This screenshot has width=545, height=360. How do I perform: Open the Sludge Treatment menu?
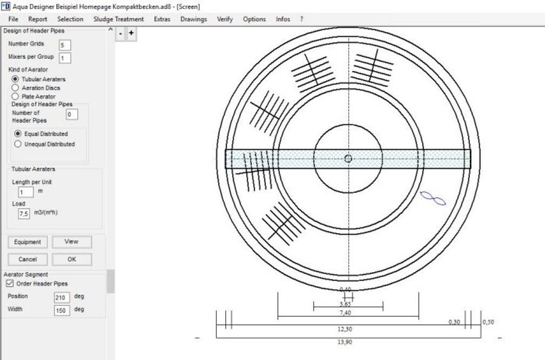119,19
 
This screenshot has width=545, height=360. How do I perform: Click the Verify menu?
225,19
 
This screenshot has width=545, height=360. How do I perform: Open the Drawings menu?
193,19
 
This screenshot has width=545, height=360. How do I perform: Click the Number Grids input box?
65,45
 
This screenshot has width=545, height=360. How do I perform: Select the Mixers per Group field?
65,58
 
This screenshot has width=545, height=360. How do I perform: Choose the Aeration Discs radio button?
16,88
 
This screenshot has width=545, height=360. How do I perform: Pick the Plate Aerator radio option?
16,96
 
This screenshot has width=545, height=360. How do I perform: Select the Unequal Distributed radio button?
18,144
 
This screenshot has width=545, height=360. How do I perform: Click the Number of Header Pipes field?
71,115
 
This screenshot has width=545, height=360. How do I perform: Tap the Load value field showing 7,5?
24,214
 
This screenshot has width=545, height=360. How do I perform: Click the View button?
71,242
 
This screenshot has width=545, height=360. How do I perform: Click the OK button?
71,259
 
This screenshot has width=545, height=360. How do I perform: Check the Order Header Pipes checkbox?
9,283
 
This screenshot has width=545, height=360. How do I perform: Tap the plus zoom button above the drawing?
131,34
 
